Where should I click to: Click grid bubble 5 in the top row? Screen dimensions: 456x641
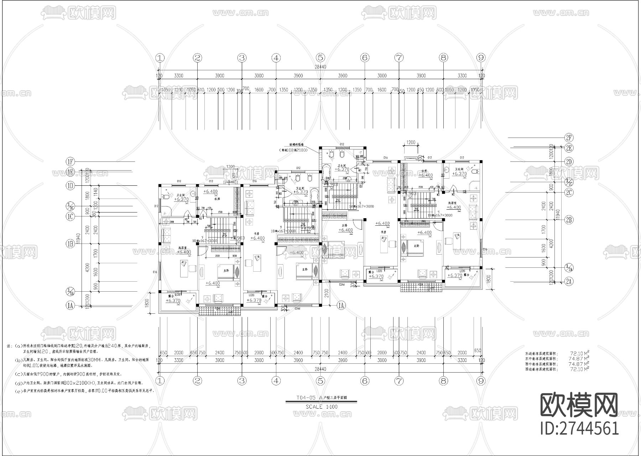(320, 57)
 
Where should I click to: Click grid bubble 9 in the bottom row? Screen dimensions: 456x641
(481, 381)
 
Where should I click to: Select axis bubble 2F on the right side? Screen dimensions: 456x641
(569, 138)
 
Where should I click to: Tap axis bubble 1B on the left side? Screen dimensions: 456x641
(70, 244)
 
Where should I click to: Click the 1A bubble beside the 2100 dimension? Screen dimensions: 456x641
(341, 305)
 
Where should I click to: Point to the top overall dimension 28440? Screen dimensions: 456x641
(320, 67)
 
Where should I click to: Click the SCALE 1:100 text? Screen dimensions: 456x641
(322, 406)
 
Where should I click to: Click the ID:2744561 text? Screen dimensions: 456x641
(579, 428)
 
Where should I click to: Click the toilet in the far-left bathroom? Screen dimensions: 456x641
(165, 197)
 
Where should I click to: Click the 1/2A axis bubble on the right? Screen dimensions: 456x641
(569, 267)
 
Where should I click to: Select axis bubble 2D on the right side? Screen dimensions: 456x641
(569, 162)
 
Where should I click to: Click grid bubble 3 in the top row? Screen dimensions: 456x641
(242, 57)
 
